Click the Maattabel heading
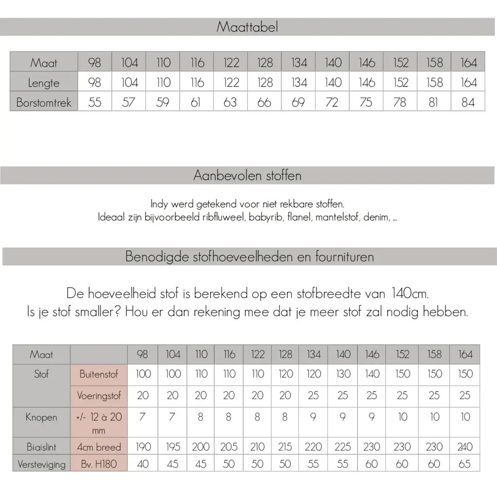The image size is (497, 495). (x=247, y=27)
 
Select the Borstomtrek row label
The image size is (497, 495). (x=44, y=103)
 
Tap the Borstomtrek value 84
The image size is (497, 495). (x=468, y=103)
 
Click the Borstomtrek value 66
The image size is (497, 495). (x=265, y=103)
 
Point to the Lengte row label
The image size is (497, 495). (x=44, y=83)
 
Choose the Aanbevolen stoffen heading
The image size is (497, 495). (x=247, y=176)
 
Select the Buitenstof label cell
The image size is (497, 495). (x=99, y=374)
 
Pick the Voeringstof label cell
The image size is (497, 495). (x=99, y=396)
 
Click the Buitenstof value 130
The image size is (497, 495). (x=343, y=374)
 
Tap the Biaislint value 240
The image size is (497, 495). (x=464, y=447)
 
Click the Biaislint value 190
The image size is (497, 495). (x=143, y=447)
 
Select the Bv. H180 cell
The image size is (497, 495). (x=99, y=464)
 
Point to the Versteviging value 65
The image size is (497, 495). (x=464, y=464)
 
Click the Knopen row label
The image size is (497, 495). (x=41, y=417)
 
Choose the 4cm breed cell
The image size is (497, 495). (x=99, y=447)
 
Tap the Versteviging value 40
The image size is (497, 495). (x=143, y=464)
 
